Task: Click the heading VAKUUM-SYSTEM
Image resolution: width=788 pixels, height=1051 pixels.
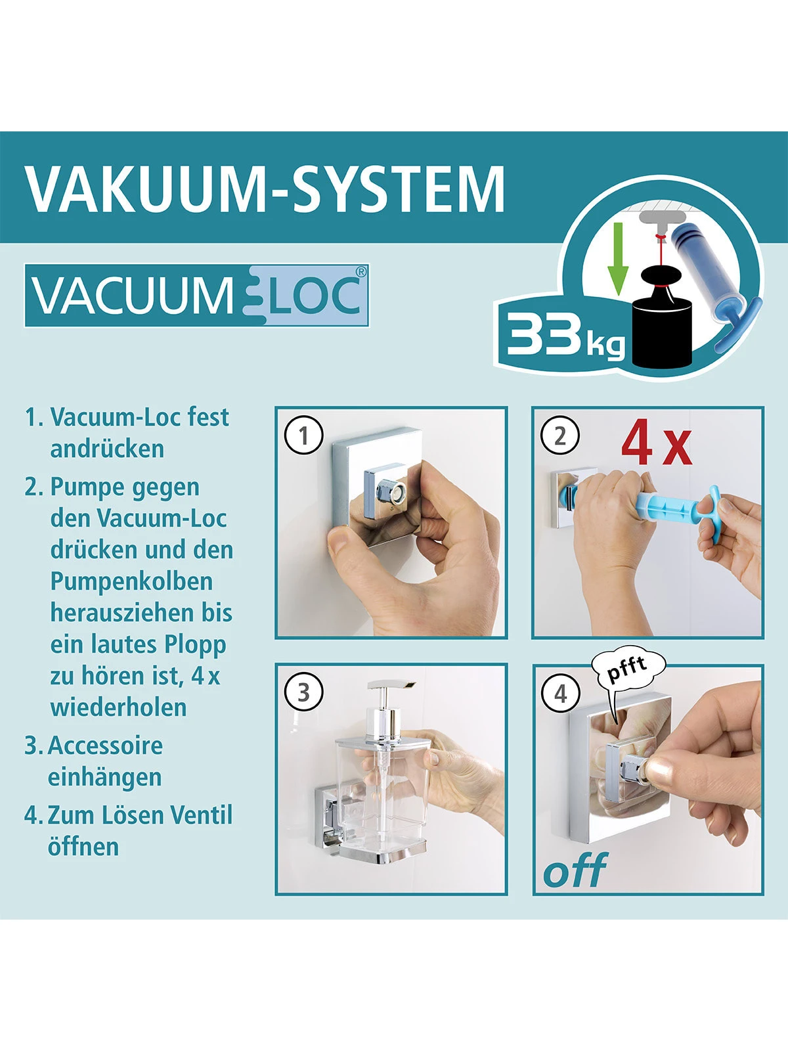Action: (265, 189)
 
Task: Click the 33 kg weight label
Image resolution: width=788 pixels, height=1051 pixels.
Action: (563, 335)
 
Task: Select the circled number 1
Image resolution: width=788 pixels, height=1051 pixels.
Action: (304, 436)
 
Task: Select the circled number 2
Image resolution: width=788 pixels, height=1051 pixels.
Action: (560, 436)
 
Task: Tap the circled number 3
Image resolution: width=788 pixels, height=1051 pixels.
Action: (304, 693)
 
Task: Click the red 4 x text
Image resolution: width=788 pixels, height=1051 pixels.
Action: (656, 444)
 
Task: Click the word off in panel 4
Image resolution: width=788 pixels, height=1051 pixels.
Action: (575, 870)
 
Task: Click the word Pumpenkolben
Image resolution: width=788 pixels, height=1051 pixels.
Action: (131, 581)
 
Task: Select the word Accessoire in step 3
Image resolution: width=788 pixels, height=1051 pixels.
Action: (105, 746)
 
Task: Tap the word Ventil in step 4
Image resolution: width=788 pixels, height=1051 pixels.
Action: (201, 815)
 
